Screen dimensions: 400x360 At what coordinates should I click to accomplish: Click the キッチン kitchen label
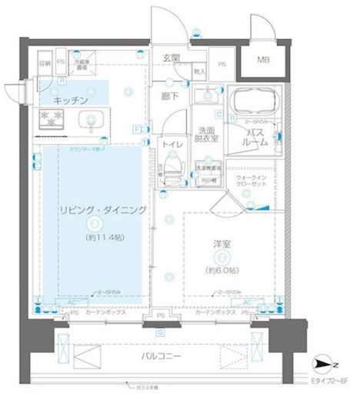pyautogui.click(x=71, y=101)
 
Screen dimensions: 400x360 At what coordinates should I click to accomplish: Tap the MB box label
pyautogui.click(x=263, y=60)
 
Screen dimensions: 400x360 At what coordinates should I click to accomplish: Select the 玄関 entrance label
pyautogui.click(x=172, y=58)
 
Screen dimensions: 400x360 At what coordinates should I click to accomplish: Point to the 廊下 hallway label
pyautogui.click(x=171, y=98)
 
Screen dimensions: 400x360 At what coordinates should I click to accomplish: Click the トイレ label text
pyautogui.click(x=172, y=143)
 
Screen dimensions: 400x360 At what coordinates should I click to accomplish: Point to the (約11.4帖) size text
pyautogui.click(x=92, y=238)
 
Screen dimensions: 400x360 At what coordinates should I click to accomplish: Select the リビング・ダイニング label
pyautogui.click(x=92, y=209)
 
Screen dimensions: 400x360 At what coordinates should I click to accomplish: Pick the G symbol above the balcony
pyautogui.click(x=158, y=332)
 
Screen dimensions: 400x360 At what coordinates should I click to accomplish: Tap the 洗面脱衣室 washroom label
pyautogui.click(x=206, y=135)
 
